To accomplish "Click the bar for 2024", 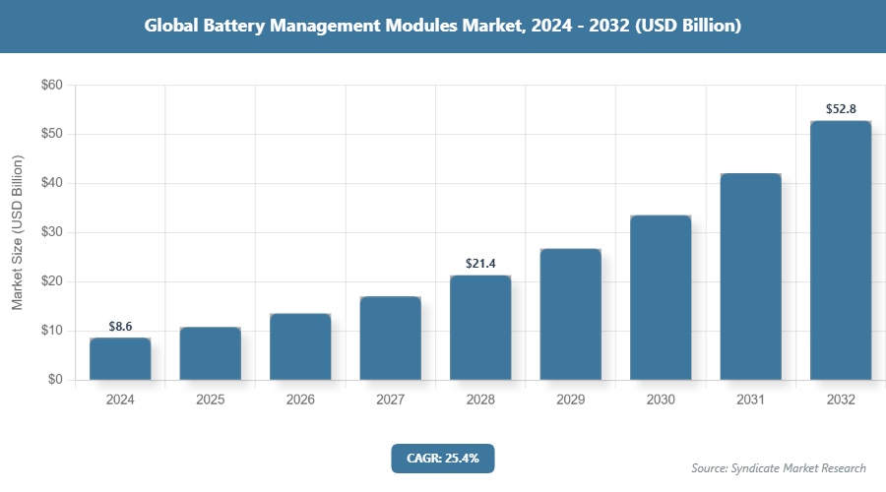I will coord(120,359).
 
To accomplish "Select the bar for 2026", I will coord(300,347).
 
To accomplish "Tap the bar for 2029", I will coord(570,315).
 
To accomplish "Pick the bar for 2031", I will coord(750,277).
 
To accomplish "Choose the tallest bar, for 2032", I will coord(841,251).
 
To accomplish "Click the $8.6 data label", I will coord(120,325).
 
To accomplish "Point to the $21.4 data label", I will coord(480,263).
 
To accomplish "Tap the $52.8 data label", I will coord(841,108).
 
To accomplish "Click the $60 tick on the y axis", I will coord(52,86).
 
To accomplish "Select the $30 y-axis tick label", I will coord(52,232).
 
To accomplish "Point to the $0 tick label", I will coord(55,380).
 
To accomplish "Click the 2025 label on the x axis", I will coord(210,400).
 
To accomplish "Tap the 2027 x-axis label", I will coord(390,400).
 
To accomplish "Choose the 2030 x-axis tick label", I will coord(661,400).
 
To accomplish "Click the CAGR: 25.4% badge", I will coord(442,458).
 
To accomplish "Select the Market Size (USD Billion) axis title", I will coord(18,232).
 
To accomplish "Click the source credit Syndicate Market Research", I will coord(779,467).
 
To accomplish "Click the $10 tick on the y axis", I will coord(52,331).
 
